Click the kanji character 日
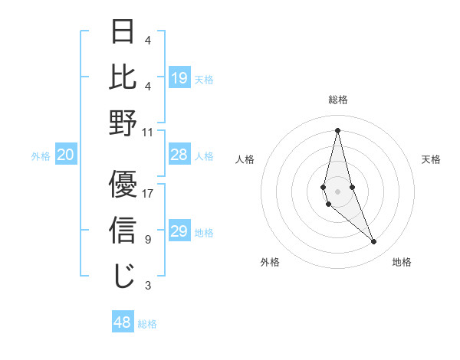(x=123, y=32)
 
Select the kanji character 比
(x=123, y=77)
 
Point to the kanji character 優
(x=123, y=184)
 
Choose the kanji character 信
(x=123, y=230)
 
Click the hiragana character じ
(x=123, y=276)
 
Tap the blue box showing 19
(x=179, y=78)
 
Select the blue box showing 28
(x=179, y=155)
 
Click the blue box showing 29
(x=179, y=231)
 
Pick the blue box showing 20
(x=66, y=155)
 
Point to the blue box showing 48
(x=123, y=322)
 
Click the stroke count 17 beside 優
(x=148, y=193)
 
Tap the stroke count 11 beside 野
(x=148, y=132)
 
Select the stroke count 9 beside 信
(x=148, y=240)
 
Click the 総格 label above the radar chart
(x=338, y=100)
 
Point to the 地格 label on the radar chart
(x=402, y=262)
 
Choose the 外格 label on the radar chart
(x=270, y=262)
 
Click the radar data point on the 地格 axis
(x=374, y=242)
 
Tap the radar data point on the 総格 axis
(x=337, y=129)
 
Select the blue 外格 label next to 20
(x=41, y=155)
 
